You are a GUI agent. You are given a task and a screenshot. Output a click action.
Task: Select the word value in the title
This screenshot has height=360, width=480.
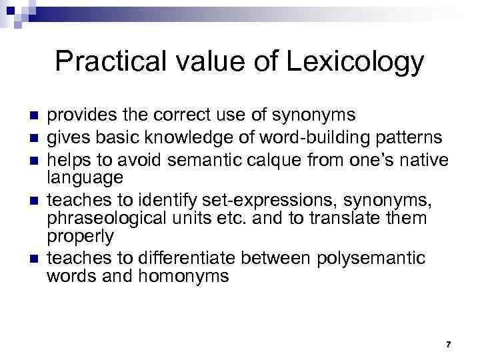tap(201, 62)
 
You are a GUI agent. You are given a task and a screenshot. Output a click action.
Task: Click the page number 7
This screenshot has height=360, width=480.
tap(448, 345)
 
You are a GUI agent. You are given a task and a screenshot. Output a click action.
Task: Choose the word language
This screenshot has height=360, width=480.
tap(85, 177)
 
